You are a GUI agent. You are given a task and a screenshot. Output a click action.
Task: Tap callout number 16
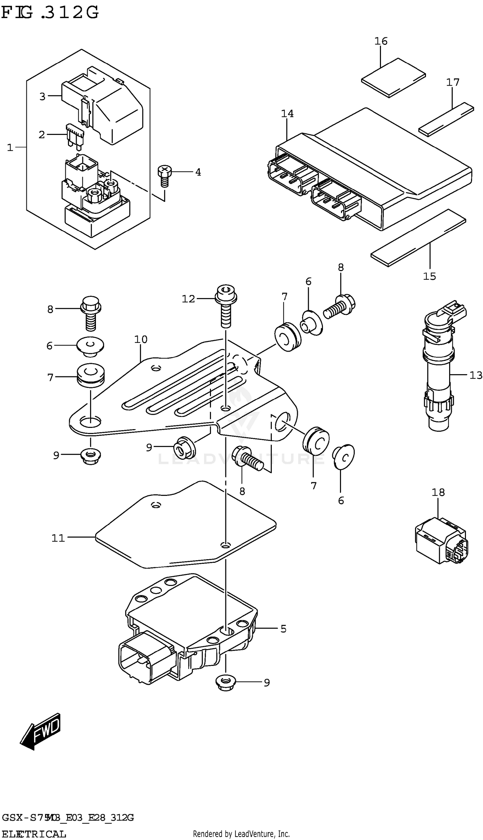coord(381,41)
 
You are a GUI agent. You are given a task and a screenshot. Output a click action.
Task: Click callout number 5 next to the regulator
coord(283,628)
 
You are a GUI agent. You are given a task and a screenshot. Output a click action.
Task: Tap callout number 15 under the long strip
coord(429,276)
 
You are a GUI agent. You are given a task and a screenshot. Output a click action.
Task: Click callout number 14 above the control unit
coord(287,114)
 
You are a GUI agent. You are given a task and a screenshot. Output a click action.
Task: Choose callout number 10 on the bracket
coord(141,339)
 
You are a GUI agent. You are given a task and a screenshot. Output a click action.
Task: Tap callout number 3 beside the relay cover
coord(42,97)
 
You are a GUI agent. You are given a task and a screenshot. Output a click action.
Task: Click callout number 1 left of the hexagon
coord(10,147)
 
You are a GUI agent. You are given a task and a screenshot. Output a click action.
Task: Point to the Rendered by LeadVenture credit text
coord(241,834)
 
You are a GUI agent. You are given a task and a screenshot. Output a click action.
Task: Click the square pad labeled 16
coord(393,78)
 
